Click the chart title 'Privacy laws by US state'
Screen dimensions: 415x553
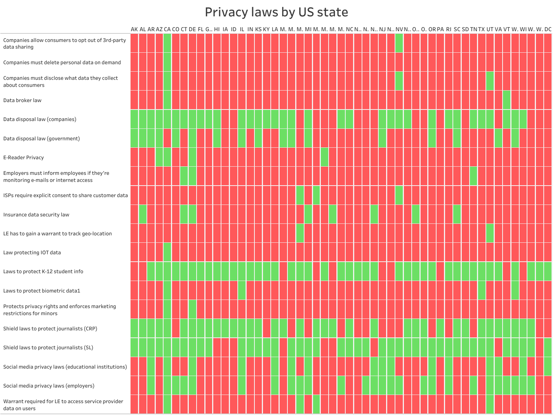point(276,12)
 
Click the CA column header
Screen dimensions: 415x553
point(167,29)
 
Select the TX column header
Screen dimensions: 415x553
point(481,29)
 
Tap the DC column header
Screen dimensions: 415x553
point(548,29)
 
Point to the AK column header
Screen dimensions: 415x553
point(134,29)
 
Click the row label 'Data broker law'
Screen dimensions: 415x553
point(22,100)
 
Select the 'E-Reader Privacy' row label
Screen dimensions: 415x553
point(23,157)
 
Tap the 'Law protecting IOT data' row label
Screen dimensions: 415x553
point(32,252)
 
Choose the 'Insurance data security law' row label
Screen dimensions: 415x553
point(36,215)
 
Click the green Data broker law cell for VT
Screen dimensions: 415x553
point(507,100)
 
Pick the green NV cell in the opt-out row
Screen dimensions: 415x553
point(399,43)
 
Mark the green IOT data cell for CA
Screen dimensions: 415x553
point(167,252)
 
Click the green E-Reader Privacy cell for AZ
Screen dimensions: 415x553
point(159,157)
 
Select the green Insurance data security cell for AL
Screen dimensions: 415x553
point(142,214)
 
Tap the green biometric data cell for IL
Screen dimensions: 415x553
point(242,290)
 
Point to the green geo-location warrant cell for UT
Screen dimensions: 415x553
point(490,233)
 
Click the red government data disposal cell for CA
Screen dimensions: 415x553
point(167,138)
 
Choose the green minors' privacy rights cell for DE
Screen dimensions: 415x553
point(192,309)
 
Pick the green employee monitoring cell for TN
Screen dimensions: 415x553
point(473,176)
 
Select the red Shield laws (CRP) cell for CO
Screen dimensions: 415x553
point(175,328)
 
